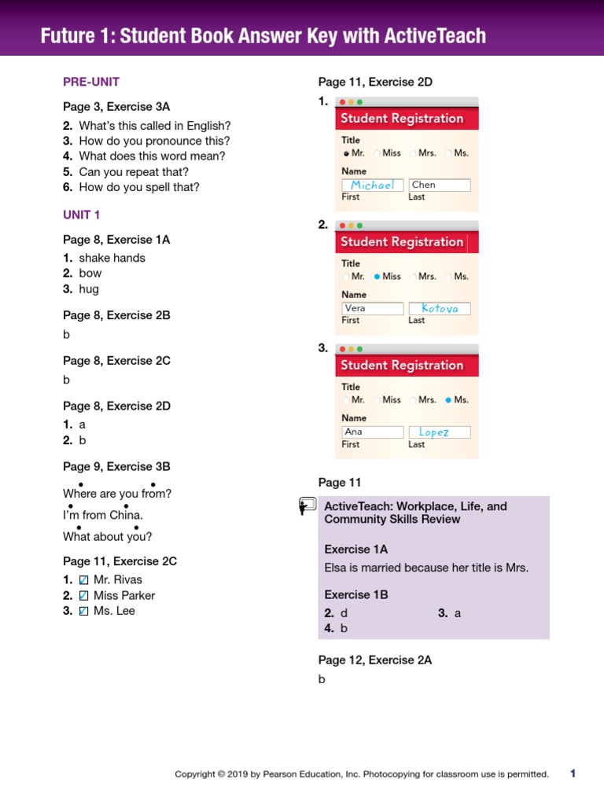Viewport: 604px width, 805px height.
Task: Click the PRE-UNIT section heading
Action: tap(91, 82)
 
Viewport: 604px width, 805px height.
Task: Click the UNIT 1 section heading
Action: tap(82, 215)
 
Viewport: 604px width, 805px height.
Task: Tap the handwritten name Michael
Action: tap(373, 186)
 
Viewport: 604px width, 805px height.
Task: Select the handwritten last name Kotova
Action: tap(440, 309)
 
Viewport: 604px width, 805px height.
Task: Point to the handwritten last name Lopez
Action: tap(434, 432)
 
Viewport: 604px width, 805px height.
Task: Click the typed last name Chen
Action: tap(424, 186)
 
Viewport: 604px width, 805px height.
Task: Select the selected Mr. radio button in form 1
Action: tap(346, 154)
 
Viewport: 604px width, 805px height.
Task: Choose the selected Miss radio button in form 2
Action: tap(377, 277)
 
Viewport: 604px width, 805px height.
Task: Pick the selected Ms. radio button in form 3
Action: tap(448, 400)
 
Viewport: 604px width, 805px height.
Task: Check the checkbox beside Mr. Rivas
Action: tap(84, 580)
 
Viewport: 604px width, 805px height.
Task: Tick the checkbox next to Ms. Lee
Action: tap(84, 612)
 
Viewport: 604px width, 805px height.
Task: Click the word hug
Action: tap(89, 289)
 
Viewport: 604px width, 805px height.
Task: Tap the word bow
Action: tap(90, 274)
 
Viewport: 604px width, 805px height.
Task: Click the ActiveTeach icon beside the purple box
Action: tap(308, 506)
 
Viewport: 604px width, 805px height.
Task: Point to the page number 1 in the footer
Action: tap(573, 774)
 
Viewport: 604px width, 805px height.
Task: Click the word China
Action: tap(126, 516)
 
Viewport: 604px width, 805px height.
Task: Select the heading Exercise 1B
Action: tap(355, 595)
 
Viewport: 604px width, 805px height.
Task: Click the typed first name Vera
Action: tap(355, 309)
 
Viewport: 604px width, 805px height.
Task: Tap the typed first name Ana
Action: tap(354, 432)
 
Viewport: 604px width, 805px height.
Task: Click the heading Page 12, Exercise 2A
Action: tap(375, 661)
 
